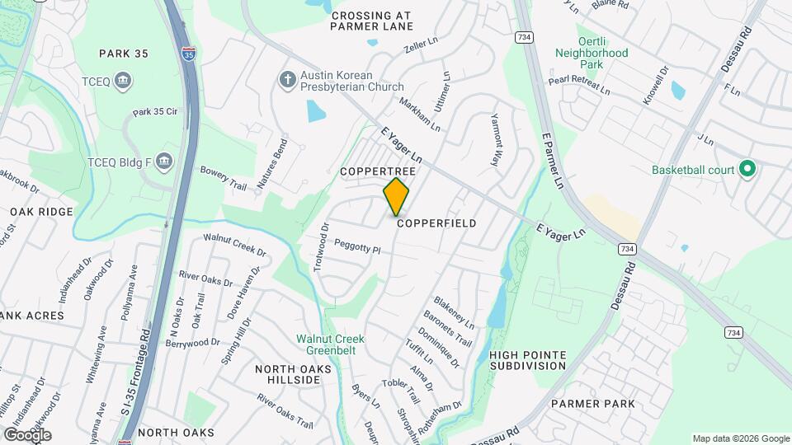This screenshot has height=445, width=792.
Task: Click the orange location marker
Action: click(396, 196)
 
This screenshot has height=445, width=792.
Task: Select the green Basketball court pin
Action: click(747, 170)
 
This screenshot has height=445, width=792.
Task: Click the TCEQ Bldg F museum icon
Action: click(163, 159)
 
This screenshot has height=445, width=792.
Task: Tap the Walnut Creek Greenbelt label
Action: click(331, 344)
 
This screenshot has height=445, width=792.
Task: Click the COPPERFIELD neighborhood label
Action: click(436, 223)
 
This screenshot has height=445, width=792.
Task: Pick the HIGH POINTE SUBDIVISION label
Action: click(528, 360)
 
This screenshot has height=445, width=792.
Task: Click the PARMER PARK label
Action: click(593, 404)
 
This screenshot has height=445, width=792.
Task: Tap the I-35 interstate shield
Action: click(190, 55)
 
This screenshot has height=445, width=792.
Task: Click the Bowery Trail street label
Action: click(224, 178)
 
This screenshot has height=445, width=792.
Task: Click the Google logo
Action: click(26, 435)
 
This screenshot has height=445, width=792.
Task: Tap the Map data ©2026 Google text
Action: click(740, 438)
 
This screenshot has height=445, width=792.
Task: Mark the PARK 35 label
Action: click(123, 54)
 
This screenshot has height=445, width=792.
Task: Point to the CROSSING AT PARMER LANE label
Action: click(371, 21)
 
